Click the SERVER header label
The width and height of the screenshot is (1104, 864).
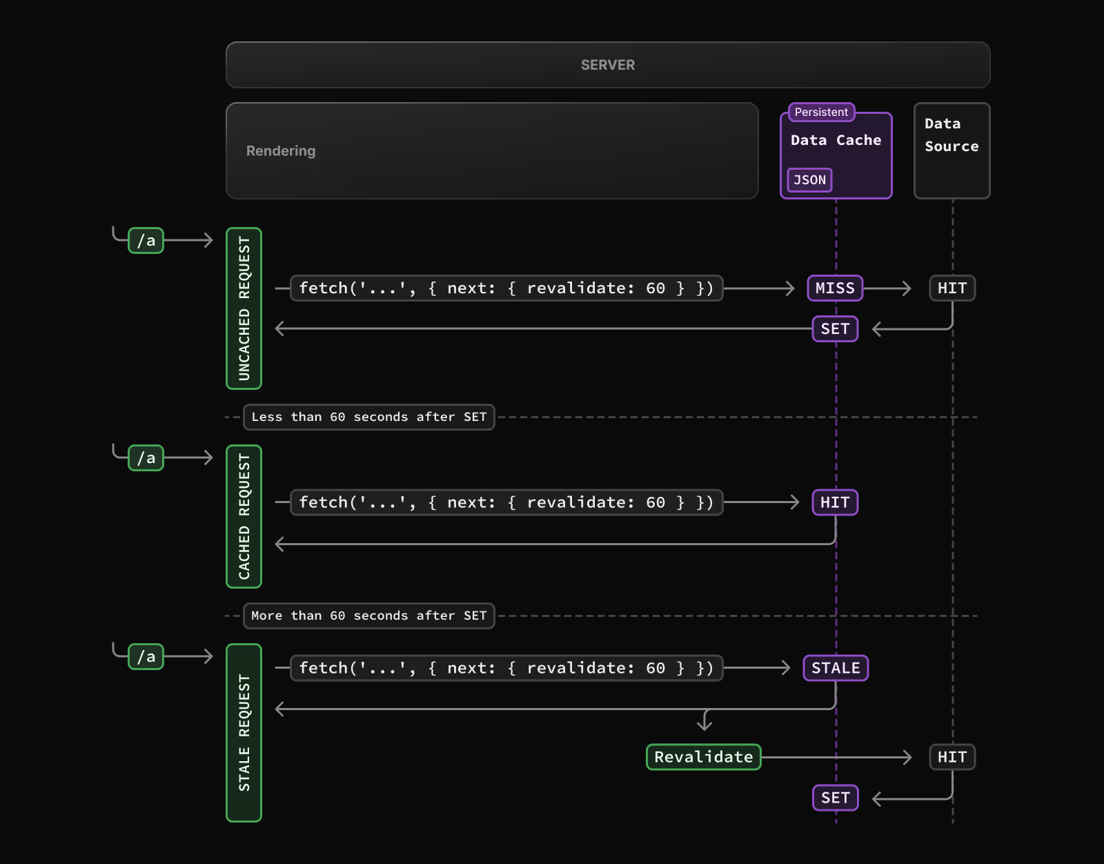tap(607, 65)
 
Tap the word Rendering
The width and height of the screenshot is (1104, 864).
tap(281, 151)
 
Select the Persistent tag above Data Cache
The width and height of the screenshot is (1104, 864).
tap(821, 112)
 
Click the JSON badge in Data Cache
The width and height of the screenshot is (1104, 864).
tap(809, 180)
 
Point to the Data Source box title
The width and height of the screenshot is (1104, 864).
tap(951, 135)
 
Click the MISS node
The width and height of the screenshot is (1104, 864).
tap(835, 288)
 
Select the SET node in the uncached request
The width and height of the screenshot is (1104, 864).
tap(835, 329)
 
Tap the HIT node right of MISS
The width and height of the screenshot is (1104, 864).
tap(952, 288)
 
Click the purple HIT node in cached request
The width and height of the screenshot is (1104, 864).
tap(835, 502)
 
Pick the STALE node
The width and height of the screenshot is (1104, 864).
tap(836, 668)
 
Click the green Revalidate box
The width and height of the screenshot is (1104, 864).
tap(703, 757)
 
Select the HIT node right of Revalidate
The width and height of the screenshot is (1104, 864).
tap(952, 757)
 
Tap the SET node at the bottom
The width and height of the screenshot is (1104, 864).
tap(835, 798)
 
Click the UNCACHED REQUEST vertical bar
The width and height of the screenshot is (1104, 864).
tap(244, 308)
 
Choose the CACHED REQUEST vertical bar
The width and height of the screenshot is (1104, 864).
tap(244, 516)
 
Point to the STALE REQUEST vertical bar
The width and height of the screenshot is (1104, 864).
tap(244, 733)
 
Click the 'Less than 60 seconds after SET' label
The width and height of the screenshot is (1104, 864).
tap(368, 417)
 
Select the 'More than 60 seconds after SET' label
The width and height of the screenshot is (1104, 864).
tap(368, 616)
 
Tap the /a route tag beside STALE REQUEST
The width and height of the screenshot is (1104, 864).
tap(146, 657)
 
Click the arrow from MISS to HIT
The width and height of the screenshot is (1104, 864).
tap(887, 288)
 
